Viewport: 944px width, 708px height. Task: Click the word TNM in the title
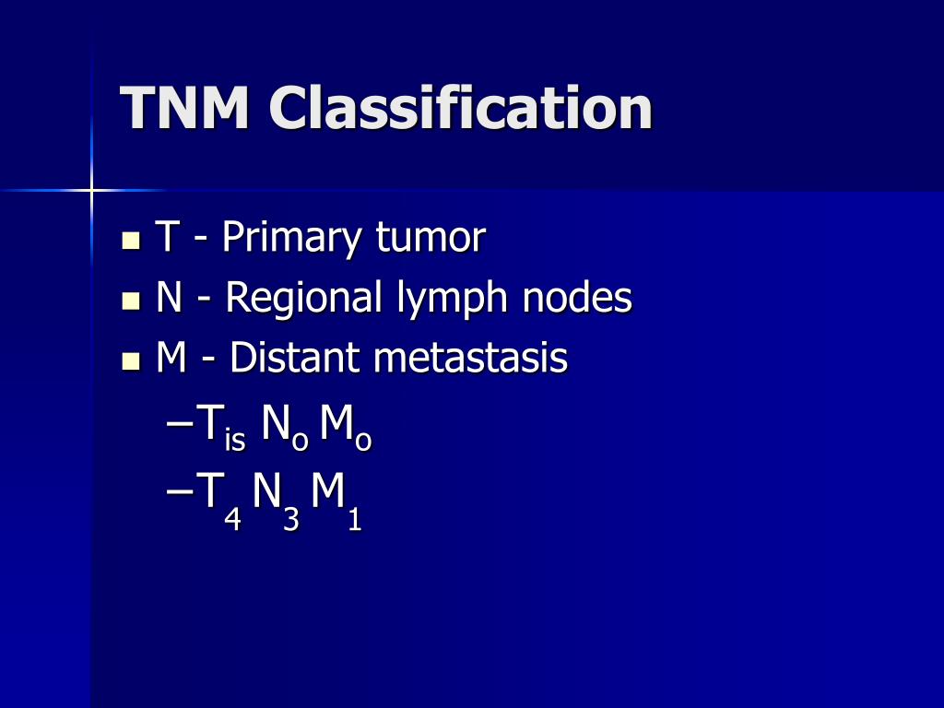click(x=184, y=108)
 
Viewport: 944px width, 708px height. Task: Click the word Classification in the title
click(x=460, y=108)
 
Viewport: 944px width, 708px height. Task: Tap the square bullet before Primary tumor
click(x=131, y=242)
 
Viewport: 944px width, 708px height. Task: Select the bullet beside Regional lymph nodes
click(x=131, y=301)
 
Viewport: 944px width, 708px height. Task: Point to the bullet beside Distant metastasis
click(x=131, y=360)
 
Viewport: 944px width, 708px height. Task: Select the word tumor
click(x=430, y=239)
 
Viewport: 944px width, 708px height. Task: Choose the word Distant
click(x=296, y=358)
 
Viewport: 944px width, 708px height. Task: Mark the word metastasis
click(x=470, y=358)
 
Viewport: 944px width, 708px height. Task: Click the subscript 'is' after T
click(x=235, y=442)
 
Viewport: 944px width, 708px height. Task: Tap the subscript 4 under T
click(x=233, y=521)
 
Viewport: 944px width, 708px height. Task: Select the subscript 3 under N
click(x=291, y=521)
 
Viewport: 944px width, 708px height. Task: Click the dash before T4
click(x=182, y=493)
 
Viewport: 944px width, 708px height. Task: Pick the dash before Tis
click(x=182, y=425)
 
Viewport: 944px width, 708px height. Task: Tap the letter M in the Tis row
click(x=336, y=423)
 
